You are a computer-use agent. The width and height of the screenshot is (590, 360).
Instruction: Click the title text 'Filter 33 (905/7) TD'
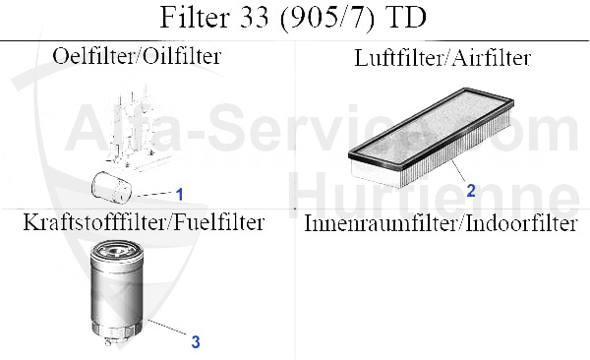[x=295, y=20]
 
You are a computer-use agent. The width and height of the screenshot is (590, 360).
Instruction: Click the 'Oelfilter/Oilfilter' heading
[x=136, y=56]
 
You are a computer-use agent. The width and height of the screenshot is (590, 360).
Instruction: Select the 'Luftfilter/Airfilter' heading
[x=442, y=58]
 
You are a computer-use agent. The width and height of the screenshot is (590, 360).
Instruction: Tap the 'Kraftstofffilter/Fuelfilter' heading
[x=144, y=222]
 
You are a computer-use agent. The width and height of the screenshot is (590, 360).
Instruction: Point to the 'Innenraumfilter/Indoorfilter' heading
[x=441, y=223]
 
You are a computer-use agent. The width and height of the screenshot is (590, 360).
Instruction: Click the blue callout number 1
[x=180, y=193]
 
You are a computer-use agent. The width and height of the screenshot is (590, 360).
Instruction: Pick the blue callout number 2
[x=471, y=190]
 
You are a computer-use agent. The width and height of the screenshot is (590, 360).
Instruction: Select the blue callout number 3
[x=196, y=341]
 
